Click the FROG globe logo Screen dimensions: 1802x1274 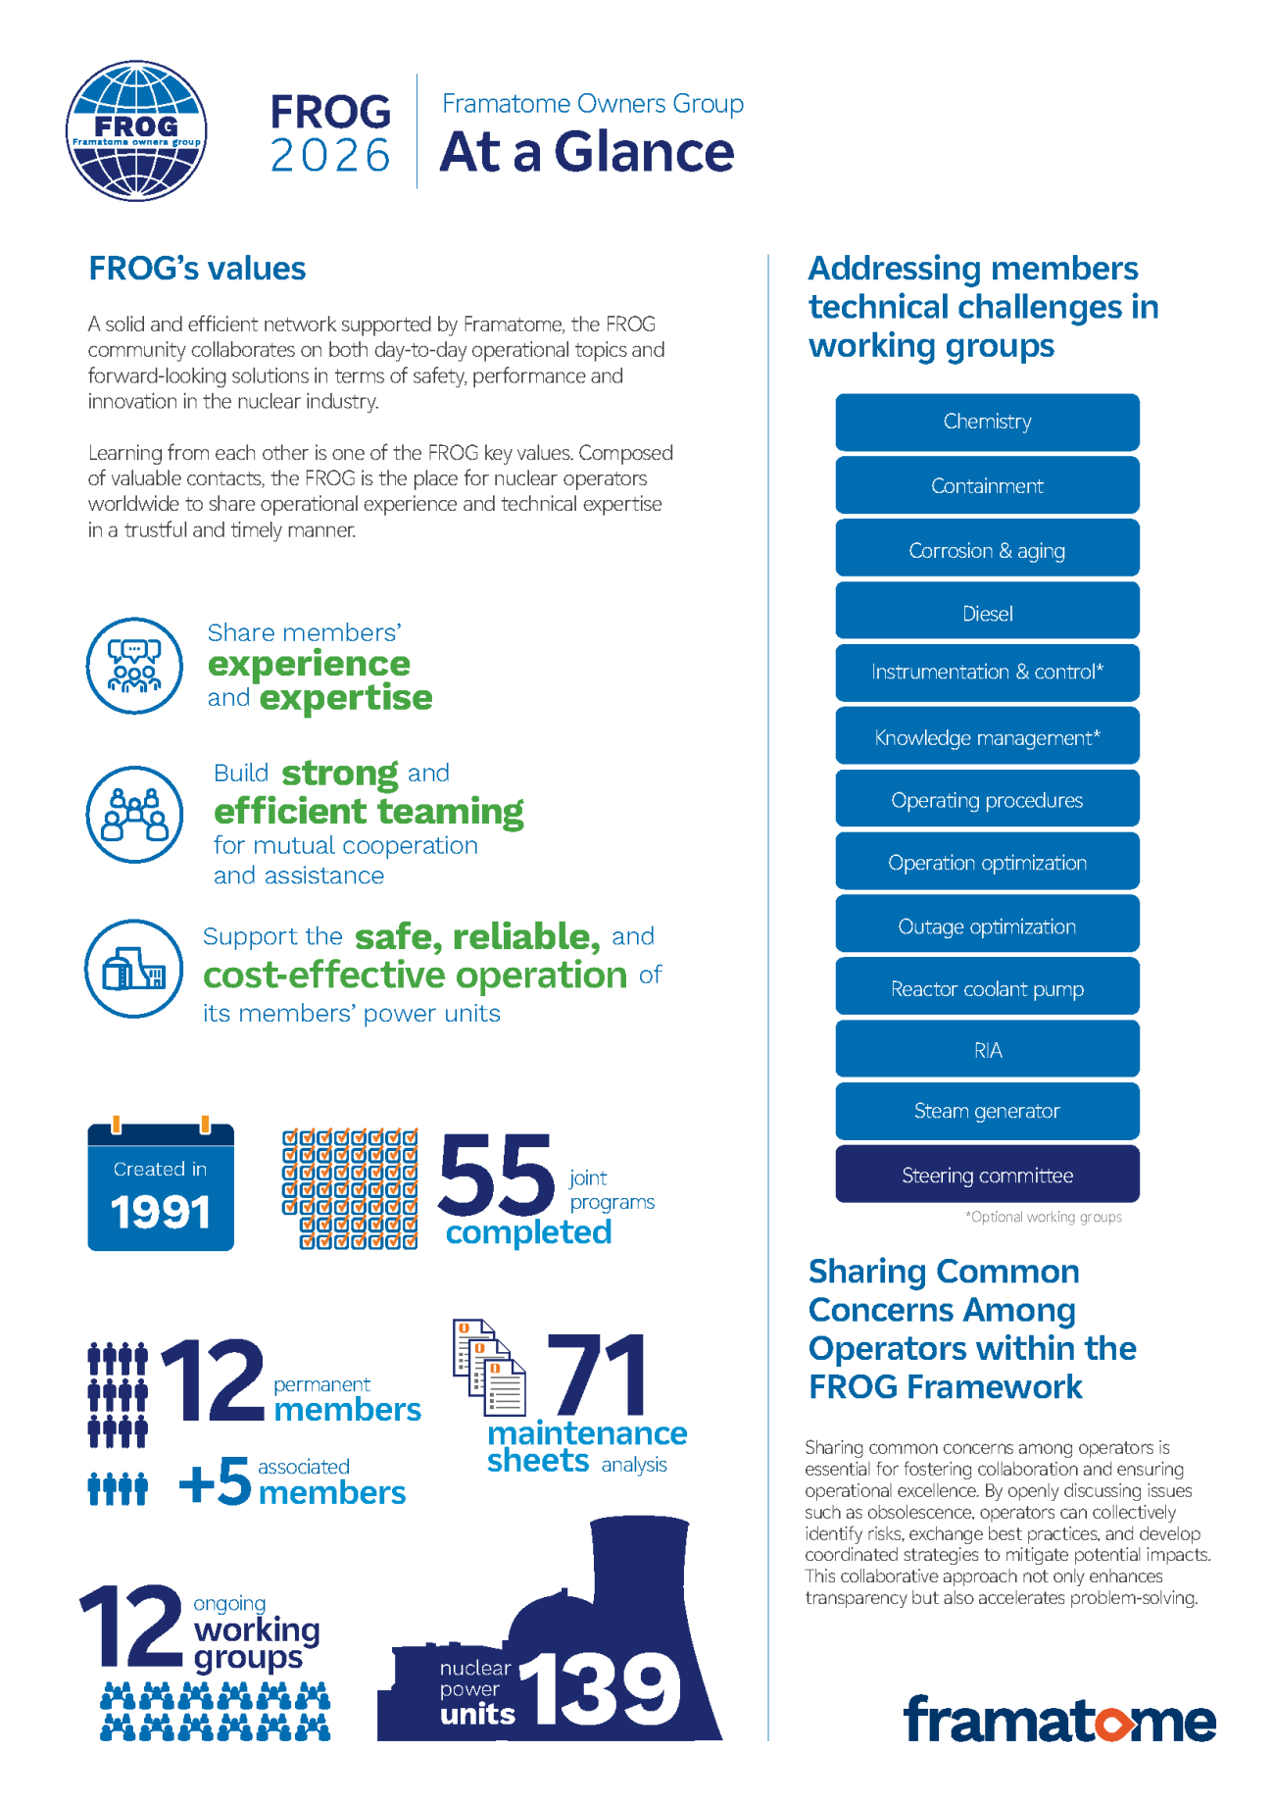(x=136, y=130)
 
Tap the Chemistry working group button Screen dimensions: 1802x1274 (x=987, y=422)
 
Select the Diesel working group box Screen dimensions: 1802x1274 (x=987, y=614)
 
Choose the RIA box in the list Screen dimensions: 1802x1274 (x=987, y=1050)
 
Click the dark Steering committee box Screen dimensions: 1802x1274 (x=987, y=1175)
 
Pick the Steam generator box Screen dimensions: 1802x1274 (x=987, y=1111)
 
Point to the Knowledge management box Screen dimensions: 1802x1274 (x=987, y=737)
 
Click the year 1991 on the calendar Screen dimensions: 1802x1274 (x=161, y=1213)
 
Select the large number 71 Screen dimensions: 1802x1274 (x=599, y=1375)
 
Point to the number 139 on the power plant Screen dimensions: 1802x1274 (x=600, y=1688)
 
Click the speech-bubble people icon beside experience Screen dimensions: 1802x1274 (x=134, y=666)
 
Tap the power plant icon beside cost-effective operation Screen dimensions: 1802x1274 (x=134, y=969)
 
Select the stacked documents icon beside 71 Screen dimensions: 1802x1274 (x=488, y=1367)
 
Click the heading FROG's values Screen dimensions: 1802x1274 (x=197, y=269)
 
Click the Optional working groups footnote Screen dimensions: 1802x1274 (x=1043, y=1217)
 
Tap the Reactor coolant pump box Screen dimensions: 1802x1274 (x=987, y=988)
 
